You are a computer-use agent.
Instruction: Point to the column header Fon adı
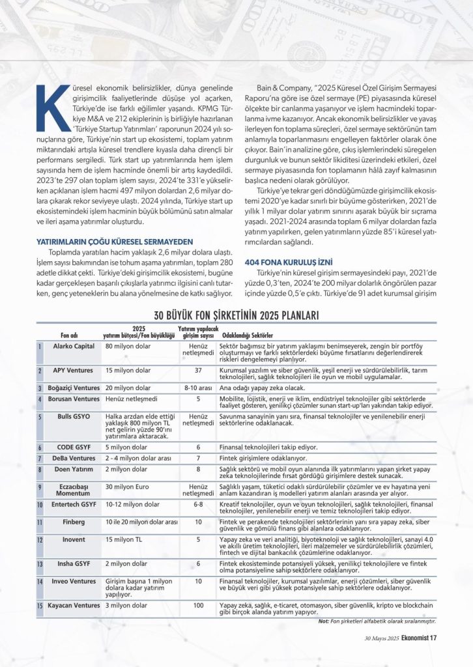click(69, 335)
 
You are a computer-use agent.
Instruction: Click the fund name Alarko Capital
click(74, 346)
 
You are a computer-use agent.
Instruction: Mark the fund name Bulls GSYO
click(73, 416)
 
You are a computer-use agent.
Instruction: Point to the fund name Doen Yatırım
click(74, 468)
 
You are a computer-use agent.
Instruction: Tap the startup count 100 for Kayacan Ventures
click(198, 605)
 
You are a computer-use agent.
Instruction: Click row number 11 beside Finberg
click(40, 522)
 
